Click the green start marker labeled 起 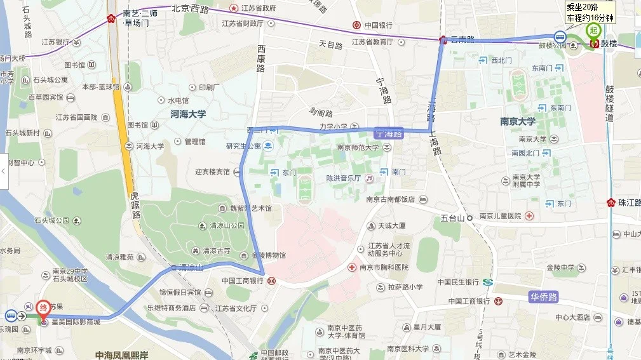593,30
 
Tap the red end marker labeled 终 43,307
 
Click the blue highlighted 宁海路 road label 389,134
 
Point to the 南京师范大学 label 358,147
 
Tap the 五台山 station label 454,218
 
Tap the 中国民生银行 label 457,282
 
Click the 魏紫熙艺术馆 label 250,208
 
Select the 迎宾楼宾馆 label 212,171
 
